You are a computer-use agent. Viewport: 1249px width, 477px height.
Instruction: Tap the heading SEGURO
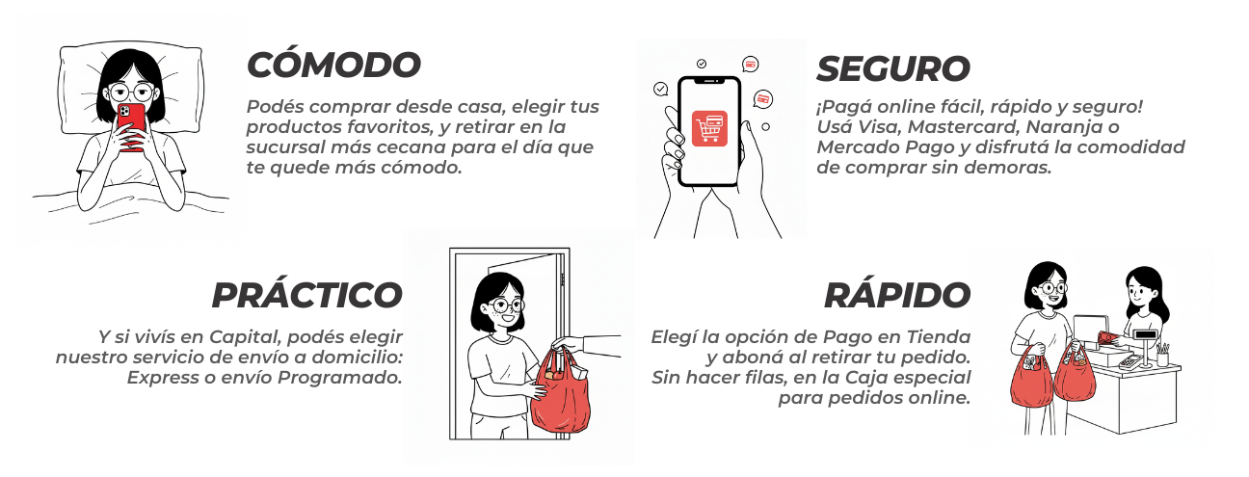[x=893, y=67]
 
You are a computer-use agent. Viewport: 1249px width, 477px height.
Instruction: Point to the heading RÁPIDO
[x=897, y=294]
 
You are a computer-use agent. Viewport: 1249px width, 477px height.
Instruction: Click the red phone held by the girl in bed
[x=132, y=127]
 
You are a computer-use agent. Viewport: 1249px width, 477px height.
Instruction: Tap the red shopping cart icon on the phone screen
[x=709, y=128]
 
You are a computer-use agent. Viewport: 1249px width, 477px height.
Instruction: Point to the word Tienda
[x=939, y=337]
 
